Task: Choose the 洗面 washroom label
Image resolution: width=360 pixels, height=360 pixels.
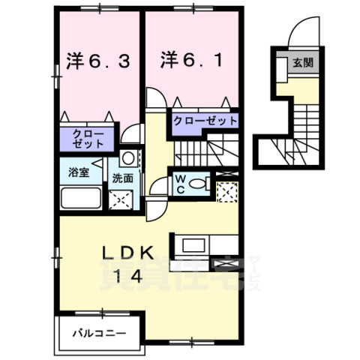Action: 122,179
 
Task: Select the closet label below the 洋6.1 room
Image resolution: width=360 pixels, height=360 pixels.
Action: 205,121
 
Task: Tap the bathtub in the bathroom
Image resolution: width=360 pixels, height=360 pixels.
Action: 81,201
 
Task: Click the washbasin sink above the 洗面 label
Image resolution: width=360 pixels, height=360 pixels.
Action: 127,158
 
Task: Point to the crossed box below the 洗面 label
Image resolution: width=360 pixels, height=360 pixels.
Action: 120,199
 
